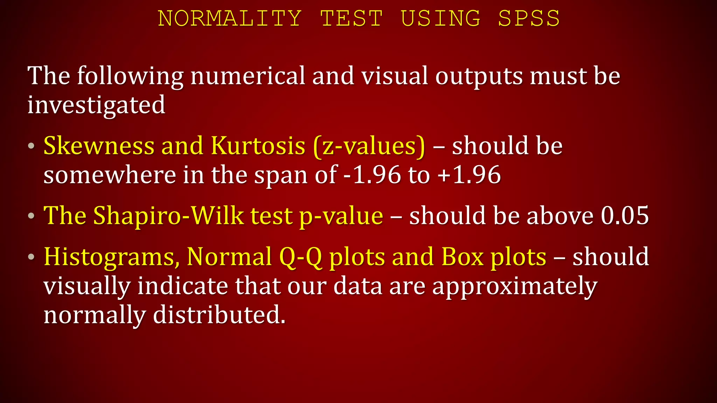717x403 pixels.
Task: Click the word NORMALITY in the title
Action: (x=230, y=18)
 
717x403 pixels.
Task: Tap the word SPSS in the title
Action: (x=529, y=18)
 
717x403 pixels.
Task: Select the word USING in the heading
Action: (x=440, y=18)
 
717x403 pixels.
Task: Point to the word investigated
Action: (x=96, y=105)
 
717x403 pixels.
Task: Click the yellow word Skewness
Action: (x=99, y=146)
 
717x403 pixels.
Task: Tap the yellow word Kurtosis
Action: (x=258, y=146)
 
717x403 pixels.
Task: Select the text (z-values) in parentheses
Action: (x=369, y=146)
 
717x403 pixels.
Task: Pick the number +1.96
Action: (x=469, y=175)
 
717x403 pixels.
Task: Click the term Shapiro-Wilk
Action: (x=168, y=215)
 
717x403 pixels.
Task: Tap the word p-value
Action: (x=341, y=216)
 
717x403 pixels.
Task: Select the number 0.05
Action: (x=625, y=215)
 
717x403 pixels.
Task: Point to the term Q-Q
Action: (x=300, y=257)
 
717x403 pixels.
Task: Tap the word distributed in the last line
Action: (x=219, y=315)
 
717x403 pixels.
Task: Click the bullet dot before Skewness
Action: (x=32, y=146)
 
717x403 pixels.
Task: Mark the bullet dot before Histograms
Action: (x=32, y=257)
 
